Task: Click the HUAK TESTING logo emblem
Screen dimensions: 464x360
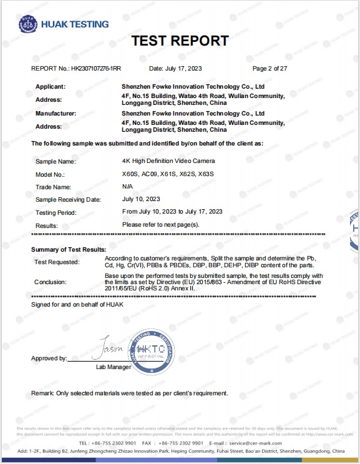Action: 27,24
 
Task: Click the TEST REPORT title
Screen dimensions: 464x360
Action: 180,41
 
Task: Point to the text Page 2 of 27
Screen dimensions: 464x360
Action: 270,68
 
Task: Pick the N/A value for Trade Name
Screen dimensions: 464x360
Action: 128,187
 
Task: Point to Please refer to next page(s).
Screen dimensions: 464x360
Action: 160,224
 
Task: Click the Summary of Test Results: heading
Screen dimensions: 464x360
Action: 69,250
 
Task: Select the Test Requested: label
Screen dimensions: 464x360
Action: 57,262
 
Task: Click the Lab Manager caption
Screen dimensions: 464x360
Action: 113,367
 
